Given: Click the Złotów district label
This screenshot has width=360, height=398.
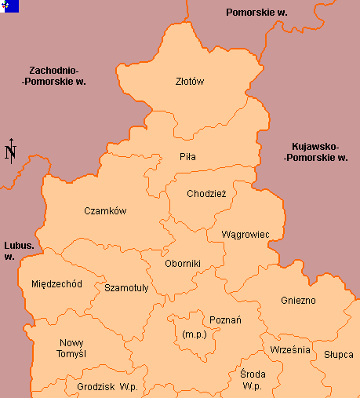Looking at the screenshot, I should tap(190, 80).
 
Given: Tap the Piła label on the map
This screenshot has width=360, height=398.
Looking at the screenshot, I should tap(187, 157).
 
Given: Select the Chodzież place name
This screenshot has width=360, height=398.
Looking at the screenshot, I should tap(206, 194).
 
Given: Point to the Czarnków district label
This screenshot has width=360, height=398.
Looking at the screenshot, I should tap(105, 211).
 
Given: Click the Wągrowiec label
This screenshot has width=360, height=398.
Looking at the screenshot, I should tap(245, 235).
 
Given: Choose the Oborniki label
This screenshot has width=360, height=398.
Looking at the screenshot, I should tap(183, 264).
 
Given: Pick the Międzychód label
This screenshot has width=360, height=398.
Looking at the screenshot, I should tap(56, 284).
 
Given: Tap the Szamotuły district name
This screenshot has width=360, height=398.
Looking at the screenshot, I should tap(126, 288).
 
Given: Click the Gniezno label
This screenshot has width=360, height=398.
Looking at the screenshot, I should tap(298, 301).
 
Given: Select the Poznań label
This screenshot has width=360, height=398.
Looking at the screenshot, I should tap(225, 320).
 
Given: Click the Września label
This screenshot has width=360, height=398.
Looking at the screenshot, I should tap(290, 349).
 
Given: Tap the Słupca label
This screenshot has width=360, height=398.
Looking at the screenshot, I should tap(338, 355).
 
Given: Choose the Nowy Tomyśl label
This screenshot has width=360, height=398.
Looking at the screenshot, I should tap(72, 349).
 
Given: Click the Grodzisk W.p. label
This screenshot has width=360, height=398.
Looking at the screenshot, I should tap(107, 387).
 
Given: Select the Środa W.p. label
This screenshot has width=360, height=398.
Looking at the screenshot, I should tap(252, 380).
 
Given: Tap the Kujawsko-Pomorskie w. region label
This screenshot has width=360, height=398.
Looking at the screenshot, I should tap(315, 152).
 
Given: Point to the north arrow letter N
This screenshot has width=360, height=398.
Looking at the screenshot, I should tap(10, 152).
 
